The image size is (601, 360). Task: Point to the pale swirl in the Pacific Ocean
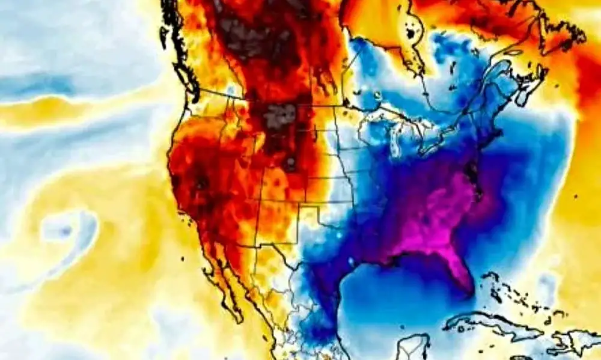click(x=66, y=231)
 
